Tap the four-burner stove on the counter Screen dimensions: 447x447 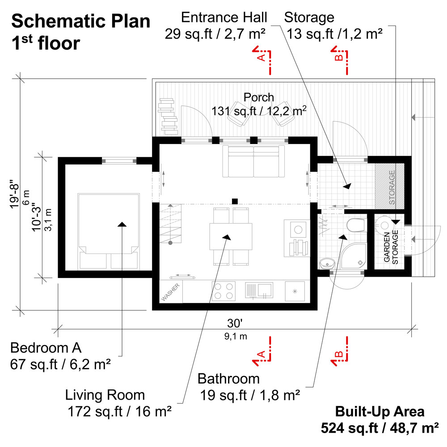pos(223,291)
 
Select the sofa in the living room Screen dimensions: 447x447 pos(253,161)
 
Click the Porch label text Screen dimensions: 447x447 pos(259,97)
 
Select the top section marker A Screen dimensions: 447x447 pos(263,56)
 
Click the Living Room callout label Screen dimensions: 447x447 pos(105,395)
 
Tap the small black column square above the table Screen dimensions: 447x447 pos(235,201)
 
